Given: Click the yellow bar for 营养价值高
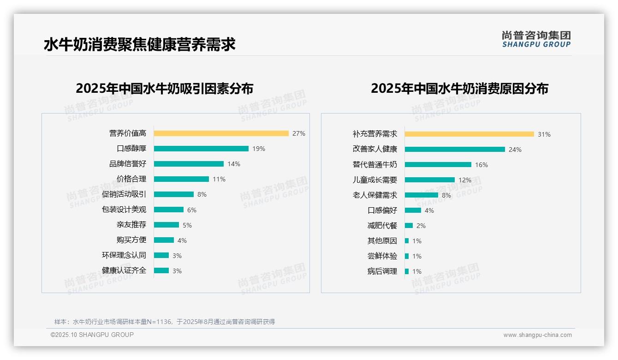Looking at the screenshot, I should (x=221, y=133).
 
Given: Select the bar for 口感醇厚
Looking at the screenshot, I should (x=201, y=149).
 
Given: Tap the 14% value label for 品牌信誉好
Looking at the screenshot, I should (x=234, y=164).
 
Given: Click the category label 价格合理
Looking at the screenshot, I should (x=131, y=179).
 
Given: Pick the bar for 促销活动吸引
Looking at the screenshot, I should (x=174, y=194).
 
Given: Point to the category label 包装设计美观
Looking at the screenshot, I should (x=124, y=210).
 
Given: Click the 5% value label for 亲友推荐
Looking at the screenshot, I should (x=187, y=225).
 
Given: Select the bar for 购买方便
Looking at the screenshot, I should (x=164, y=240).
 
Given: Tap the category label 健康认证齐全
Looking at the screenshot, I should (x=124, y=270).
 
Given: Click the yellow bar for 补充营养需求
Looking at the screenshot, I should (x=469, y=134).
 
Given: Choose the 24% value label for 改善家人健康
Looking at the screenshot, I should (x=515, y=150).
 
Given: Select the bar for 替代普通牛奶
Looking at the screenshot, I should (x=438, y=165).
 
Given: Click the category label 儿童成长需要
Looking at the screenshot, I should (x=375, y=180).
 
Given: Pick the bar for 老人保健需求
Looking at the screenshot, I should (x=422, y=195).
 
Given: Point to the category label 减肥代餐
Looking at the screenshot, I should (x=382, y=226).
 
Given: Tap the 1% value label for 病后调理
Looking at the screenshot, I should (x=417, y=271).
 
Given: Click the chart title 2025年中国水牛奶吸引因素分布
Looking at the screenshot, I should (x=165, y=89).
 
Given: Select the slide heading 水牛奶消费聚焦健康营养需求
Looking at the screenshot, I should (x=140, y=44).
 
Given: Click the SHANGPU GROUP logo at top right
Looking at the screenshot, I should (x=536, y=39).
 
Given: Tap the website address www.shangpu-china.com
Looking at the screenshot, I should (x=537, y=335).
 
